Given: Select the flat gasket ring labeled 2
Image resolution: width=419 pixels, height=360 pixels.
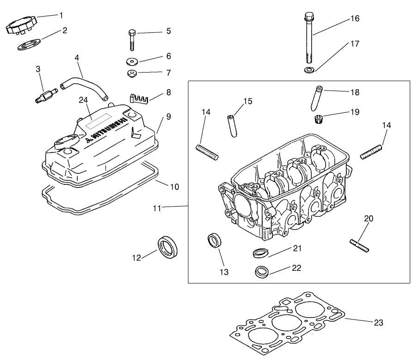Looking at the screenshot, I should pos(29,46).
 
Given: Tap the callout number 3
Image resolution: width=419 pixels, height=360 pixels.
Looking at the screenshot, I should pos(38,69).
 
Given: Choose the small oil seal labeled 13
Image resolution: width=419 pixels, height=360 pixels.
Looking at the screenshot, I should pos(214,241).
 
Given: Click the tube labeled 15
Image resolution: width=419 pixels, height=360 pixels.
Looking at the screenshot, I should pos(232,124).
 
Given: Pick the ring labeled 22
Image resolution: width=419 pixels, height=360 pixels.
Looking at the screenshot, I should pos(262,271).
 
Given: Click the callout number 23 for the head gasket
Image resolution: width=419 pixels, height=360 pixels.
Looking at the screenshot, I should pos(378,323).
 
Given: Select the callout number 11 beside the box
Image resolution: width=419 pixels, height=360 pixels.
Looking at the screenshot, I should pos(157,208).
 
